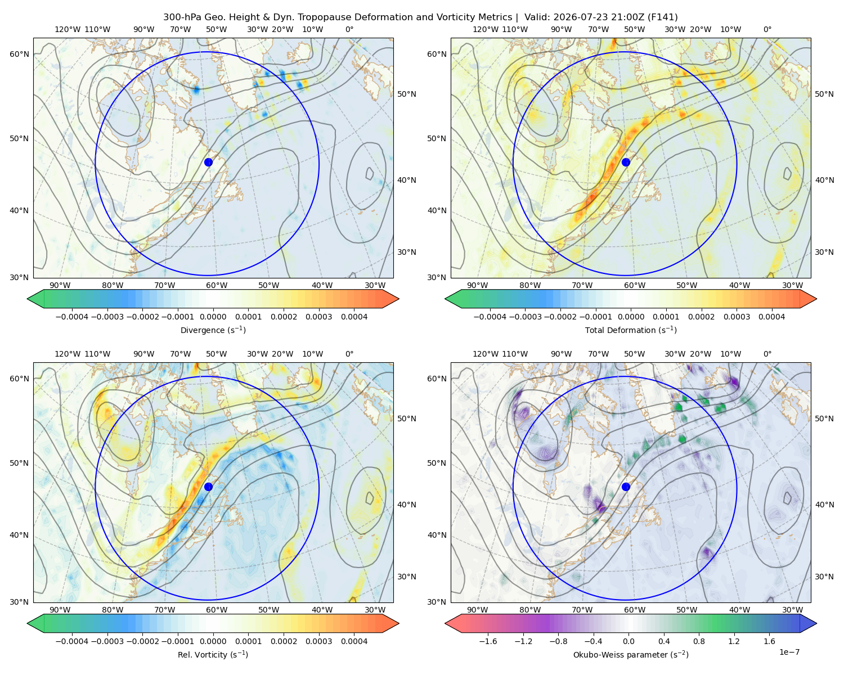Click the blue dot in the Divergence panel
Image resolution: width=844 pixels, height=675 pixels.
pos(208,163)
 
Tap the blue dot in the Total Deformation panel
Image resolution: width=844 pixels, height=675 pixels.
pos(626,163)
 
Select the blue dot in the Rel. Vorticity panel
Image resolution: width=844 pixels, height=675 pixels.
pos(208,487)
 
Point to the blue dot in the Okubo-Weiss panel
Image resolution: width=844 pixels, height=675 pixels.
pos(626,487)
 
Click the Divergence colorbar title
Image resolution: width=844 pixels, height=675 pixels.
pos(213,330)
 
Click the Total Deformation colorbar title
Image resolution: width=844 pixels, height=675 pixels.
pos(631,330)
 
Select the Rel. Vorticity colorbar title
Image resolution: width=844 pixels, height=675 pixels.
pos(213,655)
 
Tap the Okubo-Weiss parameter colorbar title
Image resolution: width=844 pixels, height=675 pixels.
pos(631,655)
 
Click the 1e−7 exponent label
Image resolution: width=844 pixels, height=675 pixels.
pos(789,652)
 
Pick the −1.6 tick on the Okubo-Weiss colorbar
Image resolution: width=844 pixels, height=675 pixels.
pos(488,641)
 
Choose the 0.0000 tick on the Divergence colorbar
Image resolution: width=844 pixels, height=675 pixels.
pos(213,317)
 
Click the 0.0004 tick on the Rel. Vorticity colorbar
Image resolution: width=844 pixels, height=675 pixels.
pos(354,641)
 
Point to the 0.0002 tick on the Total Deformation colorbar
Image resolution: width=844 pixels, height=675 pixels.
pos(702,317)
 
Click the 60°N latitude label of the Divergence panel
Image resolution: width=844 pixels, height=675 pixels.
pos(19,54)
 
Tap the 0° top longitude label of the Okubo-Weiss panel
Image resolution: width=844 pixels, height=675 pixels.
pos(767,354)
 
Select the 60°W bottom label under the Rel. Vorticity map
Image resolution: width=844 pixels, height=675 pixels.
pos(217,610)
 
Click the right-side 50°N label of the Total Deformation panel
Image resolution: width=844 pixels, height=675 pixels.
pos(824,94)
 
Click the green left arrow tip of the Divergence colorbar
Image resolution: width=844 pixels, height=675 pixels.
pos(28,299)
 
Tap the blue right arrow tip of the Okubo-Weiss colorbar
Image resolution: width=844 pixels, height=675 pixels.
pos(816,623)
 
